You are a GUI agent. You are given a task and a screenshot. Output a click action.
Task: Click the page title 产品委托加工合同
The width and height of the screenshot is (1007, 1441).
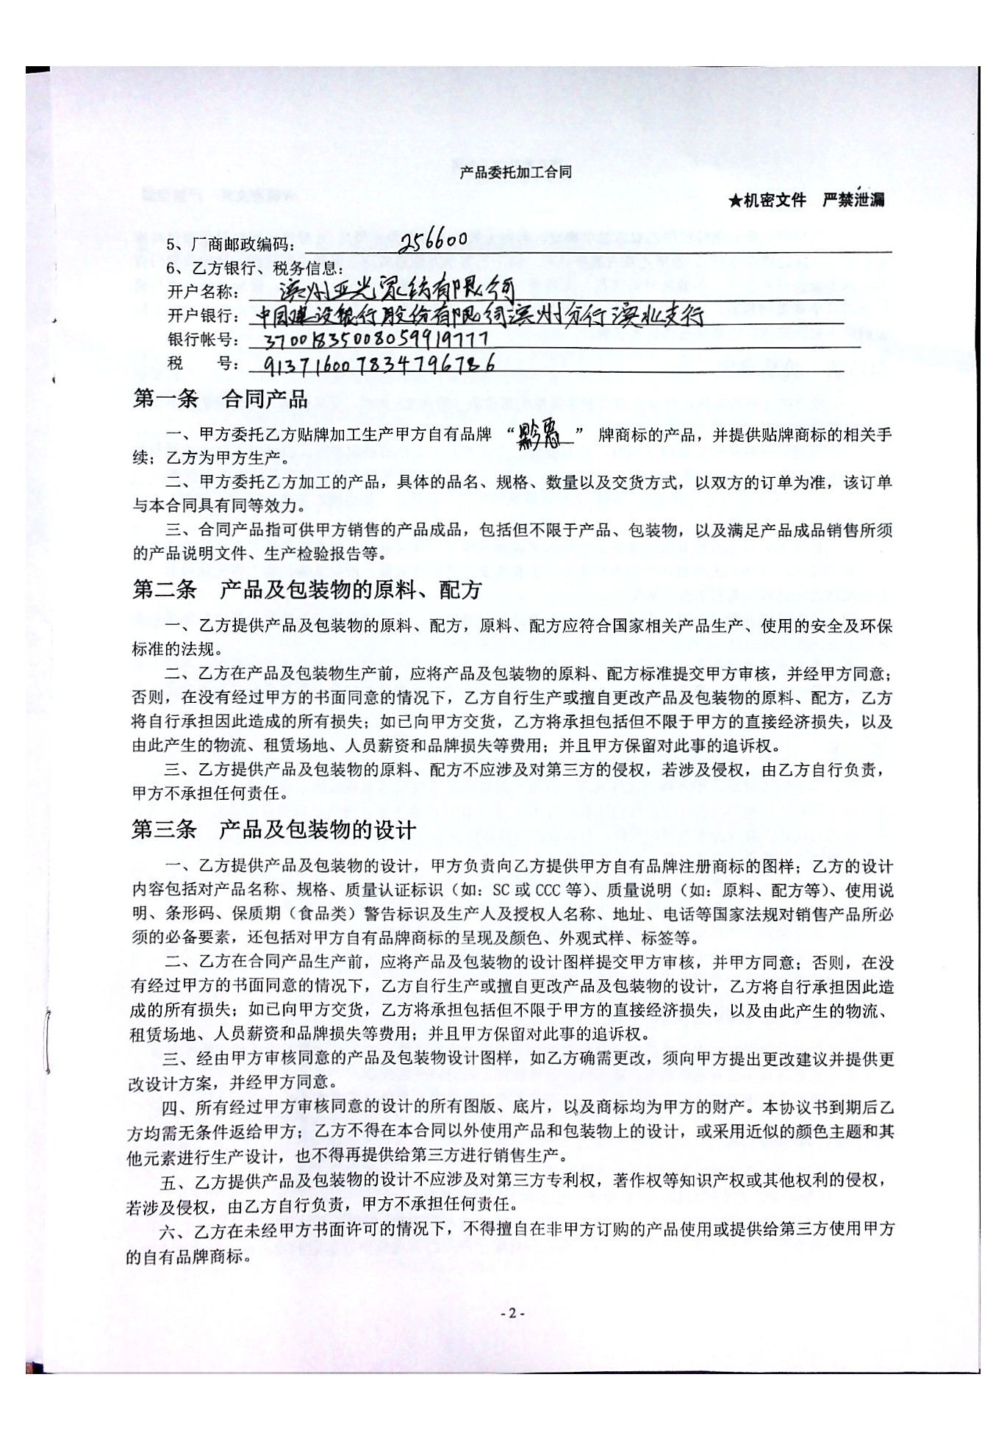click(515, 173)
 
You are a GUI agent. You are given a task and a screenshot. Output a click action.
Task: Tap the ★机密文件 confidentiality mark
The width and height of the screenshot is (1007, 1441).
click(767, 200)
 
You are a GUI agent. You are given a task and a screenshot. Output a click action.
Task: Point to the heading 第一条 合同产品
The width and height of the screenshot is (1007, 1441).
click(220, 398)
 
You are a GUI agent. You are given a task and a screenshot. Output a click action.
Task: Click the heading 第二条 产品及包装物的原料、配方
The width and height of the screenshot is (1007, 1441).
click(307, 590)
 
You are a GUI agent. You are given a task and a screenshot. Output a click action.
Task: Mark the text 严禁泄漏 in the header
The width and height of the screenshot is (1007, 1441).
click(853, 200)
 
